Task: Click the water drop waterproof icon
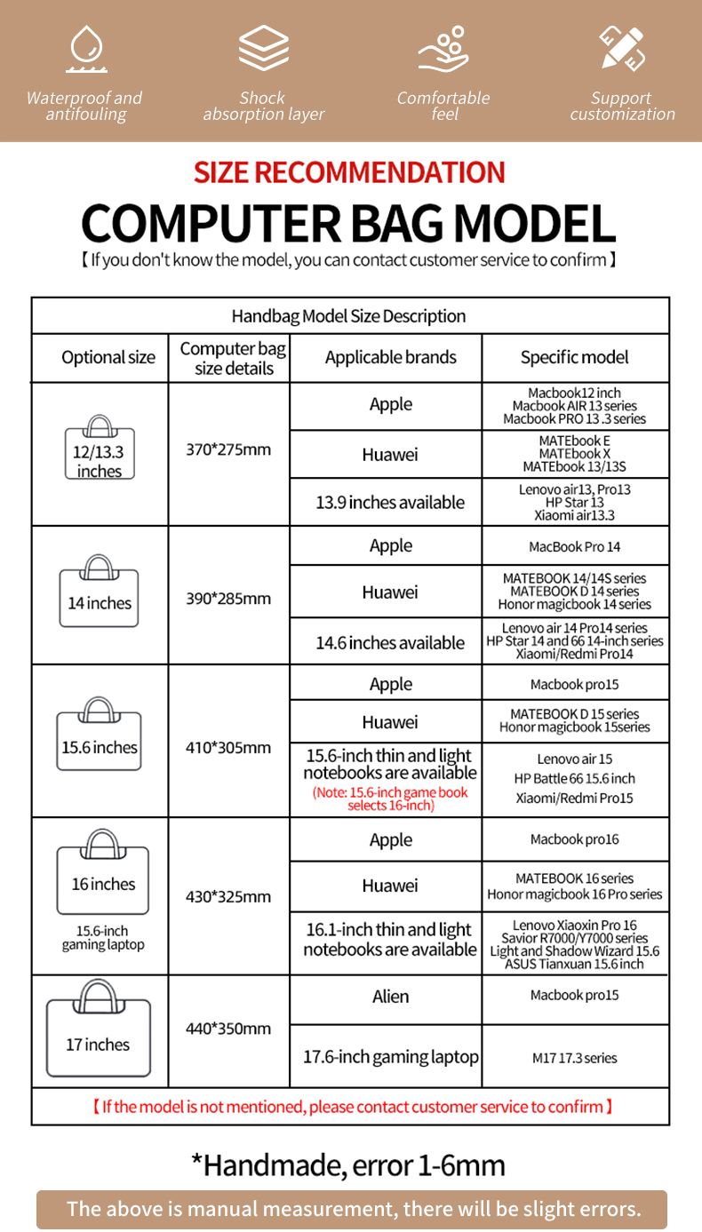click(86, 49)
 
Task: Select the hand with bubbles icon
click(443, 49)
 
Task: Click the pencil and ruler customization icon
click(622, 48)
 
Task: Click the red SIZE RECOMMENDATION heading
click(350, 172)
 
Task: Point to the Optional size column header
click(108, 358)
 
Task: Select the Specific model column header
click(574, 358)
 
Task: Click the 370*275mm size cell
click(228, 449)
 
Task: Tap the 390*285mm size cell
click(228, 599)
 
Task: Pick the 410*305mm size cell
click(228, 747)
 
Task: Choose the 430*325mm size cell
click(228, 896)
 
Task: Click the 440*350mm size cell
click(228, 1029)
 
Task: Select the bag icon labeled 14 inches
click(100, 590)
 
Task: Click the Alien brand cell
click(390, 997)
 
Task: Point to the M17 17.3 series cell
click(574, 1058)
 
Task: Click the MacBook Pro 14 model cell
click(574, 547)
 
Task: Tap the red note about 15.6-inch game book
click(390, 799)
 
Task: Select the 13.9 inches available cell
click(390, 503)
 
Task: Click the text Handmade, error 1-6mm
click(348, 1164)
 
